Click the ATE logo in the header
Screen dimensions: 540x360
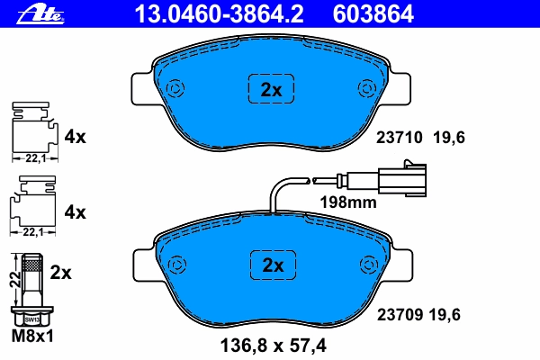(x=40, y=15)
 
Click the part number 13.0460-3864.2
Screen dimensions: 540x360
(x=219, y=14)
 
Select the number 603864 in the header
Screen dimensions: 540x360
(x=373, y=14)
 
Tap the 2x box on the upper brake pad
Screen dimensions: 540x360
(x=272, y=89)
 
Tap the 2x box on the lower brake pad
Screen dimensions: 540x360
(x=273, y=265)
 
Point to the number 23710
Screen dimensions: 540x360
(x=399, y=138)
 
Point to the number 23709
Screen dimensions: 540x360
(x=400, y=314)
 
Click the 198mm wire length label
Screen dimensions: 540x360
(x=348, y=202)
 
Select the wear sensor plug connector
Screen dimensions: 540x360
(x=402, y=178)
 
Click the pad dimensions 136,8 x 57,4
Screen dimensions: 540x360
(x=273, y=346)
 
